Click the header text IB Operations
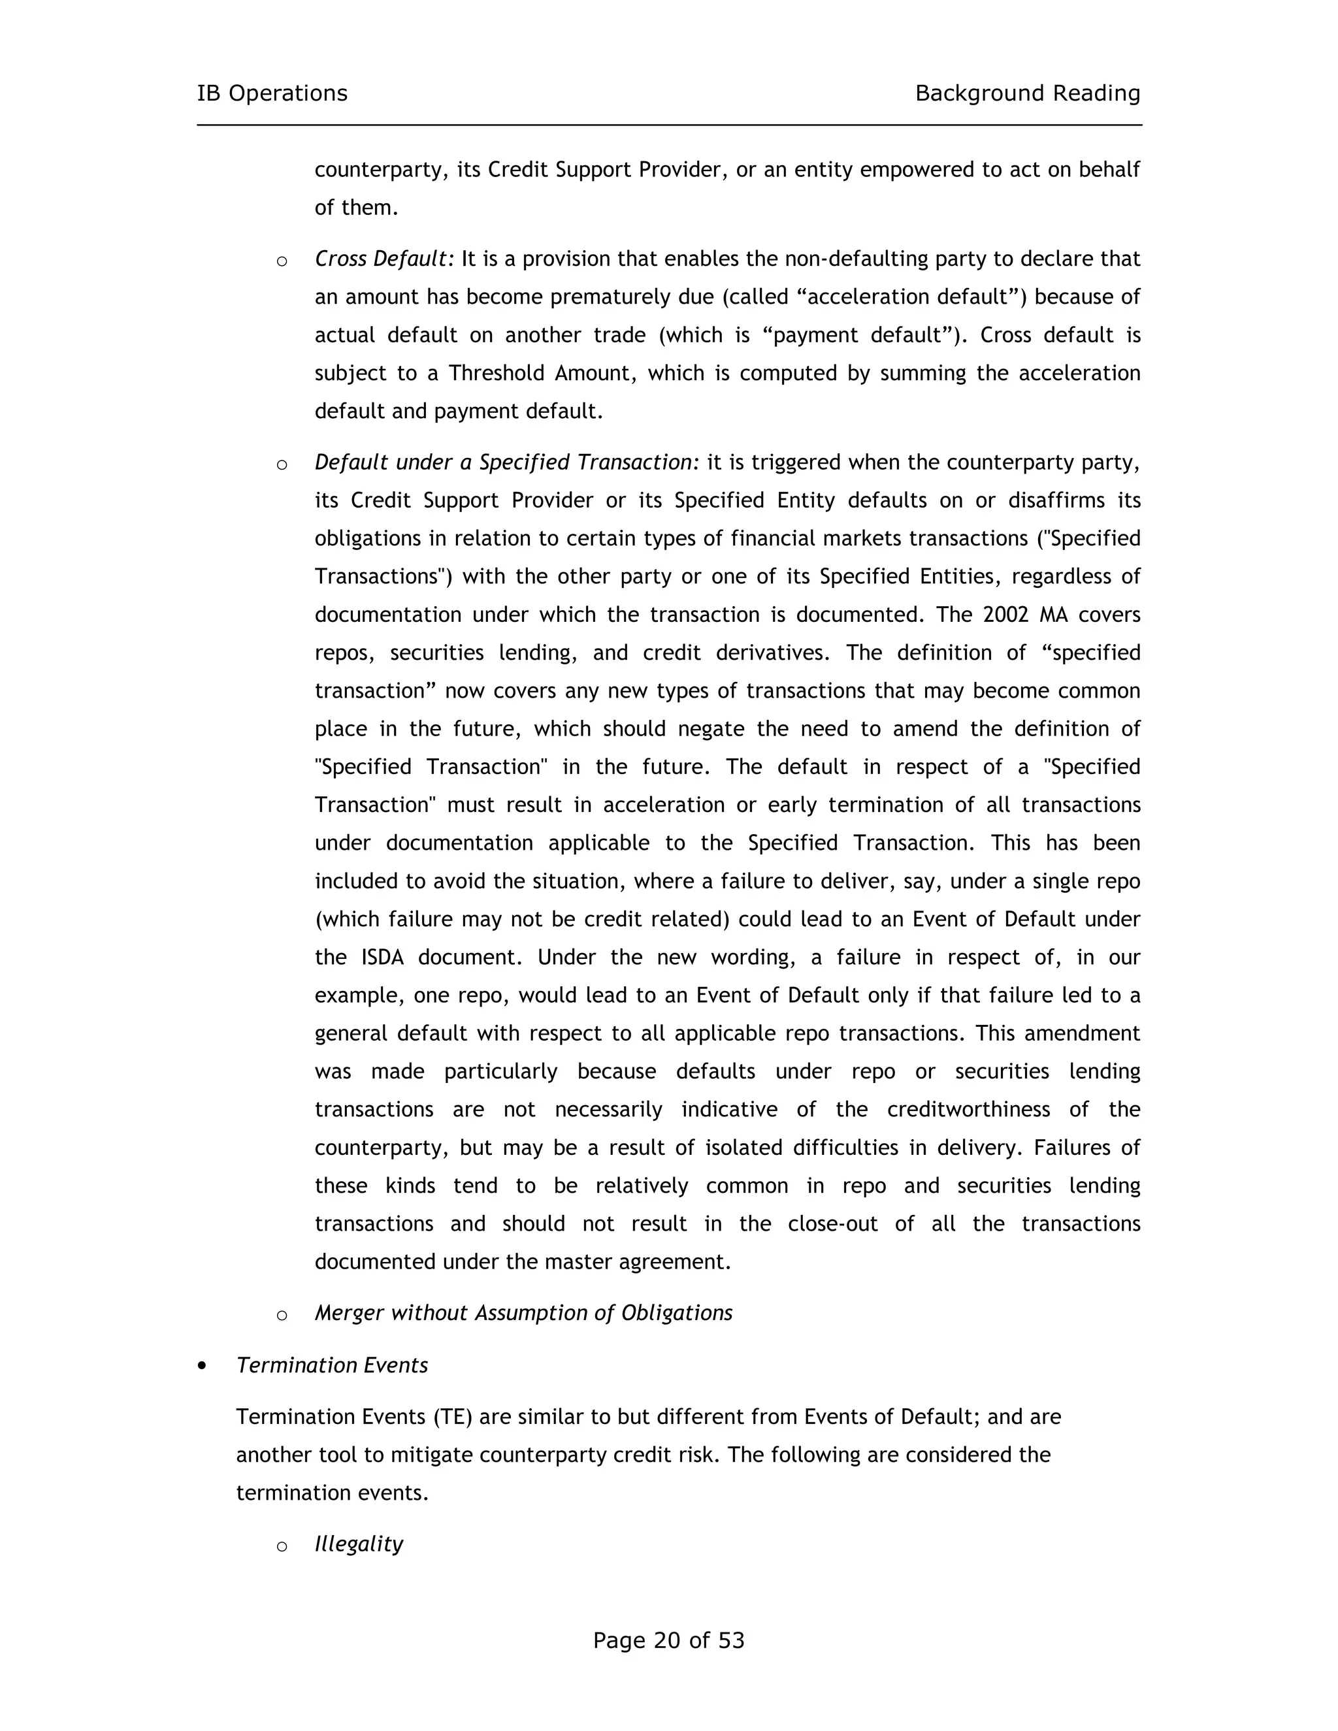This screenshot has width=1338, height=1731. [272, 93]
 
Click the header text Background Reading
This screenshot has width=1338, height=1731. [1027, 93]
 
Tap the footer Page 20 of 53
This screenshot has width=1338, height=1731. [668, 1640]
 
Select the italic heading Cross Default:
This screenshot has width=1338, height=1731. [384, 259]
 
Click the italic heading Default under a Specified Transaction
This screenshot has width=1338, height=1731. [506, 462]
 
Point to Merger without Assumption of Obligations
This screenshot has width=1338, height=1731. [523, 1314]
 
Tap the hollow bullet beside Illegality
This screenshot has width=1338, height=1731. [282, 1545]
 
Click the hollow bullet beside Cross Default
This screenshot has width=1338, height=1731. [282, 261]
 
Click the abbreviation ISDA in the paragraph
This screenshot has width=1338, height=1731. [382, 958]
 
